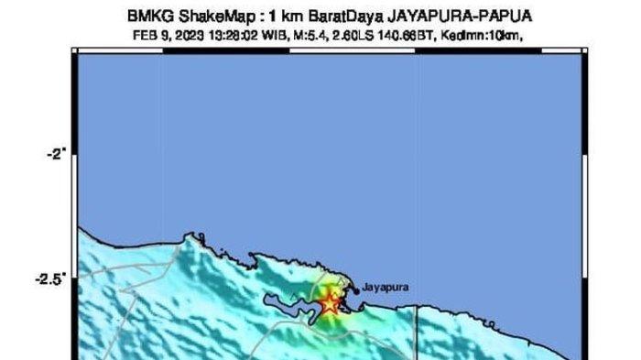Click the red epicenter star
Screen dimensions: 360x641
point(330,303)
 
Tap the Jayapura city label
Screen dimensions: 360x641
point(386,287)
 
